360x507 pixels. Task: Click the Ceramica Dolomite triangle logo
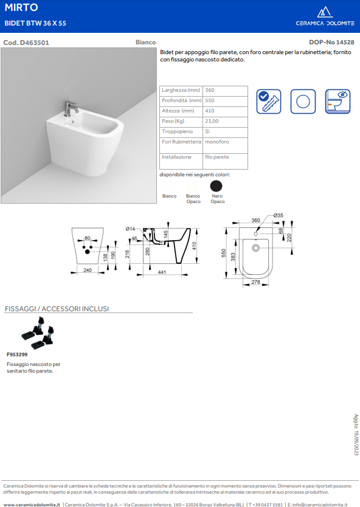[325, 12]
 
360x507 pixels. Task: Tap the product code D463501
[34, 43]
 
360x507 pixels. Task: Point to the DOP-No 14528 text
[331, 43]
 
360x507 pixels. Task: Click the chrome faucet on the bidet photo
[70, 108]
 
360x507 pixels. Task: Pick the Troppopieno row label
[177, 131]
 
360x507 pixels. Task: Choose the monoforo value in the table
[217, 142]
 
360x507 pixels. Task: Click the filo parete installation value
[217, 157]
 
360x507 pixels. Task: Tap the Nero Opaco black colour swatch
[216, 186]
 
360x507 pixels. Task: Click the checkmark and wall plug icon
[269, 102]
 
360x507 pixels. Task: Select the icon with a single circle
[303, 102]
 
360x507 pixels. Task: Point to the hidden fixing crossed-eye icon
[337, 102]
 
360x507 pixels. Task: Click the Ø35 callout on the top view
[278, 215]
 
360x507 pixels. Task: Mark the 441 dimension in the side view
[162, 272]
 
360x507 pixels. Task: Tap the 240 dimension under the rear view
[88, 270]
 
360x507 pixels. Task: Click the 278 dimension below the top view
[256, 282]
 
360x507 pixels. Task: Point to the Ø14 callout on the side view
[130, 229]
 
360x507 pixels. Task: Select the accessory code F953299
[17, 354]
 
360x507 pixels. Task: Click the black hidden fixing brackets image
[38, 332]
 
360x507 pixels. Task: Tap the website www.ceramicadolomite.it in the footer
[32, 505]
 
